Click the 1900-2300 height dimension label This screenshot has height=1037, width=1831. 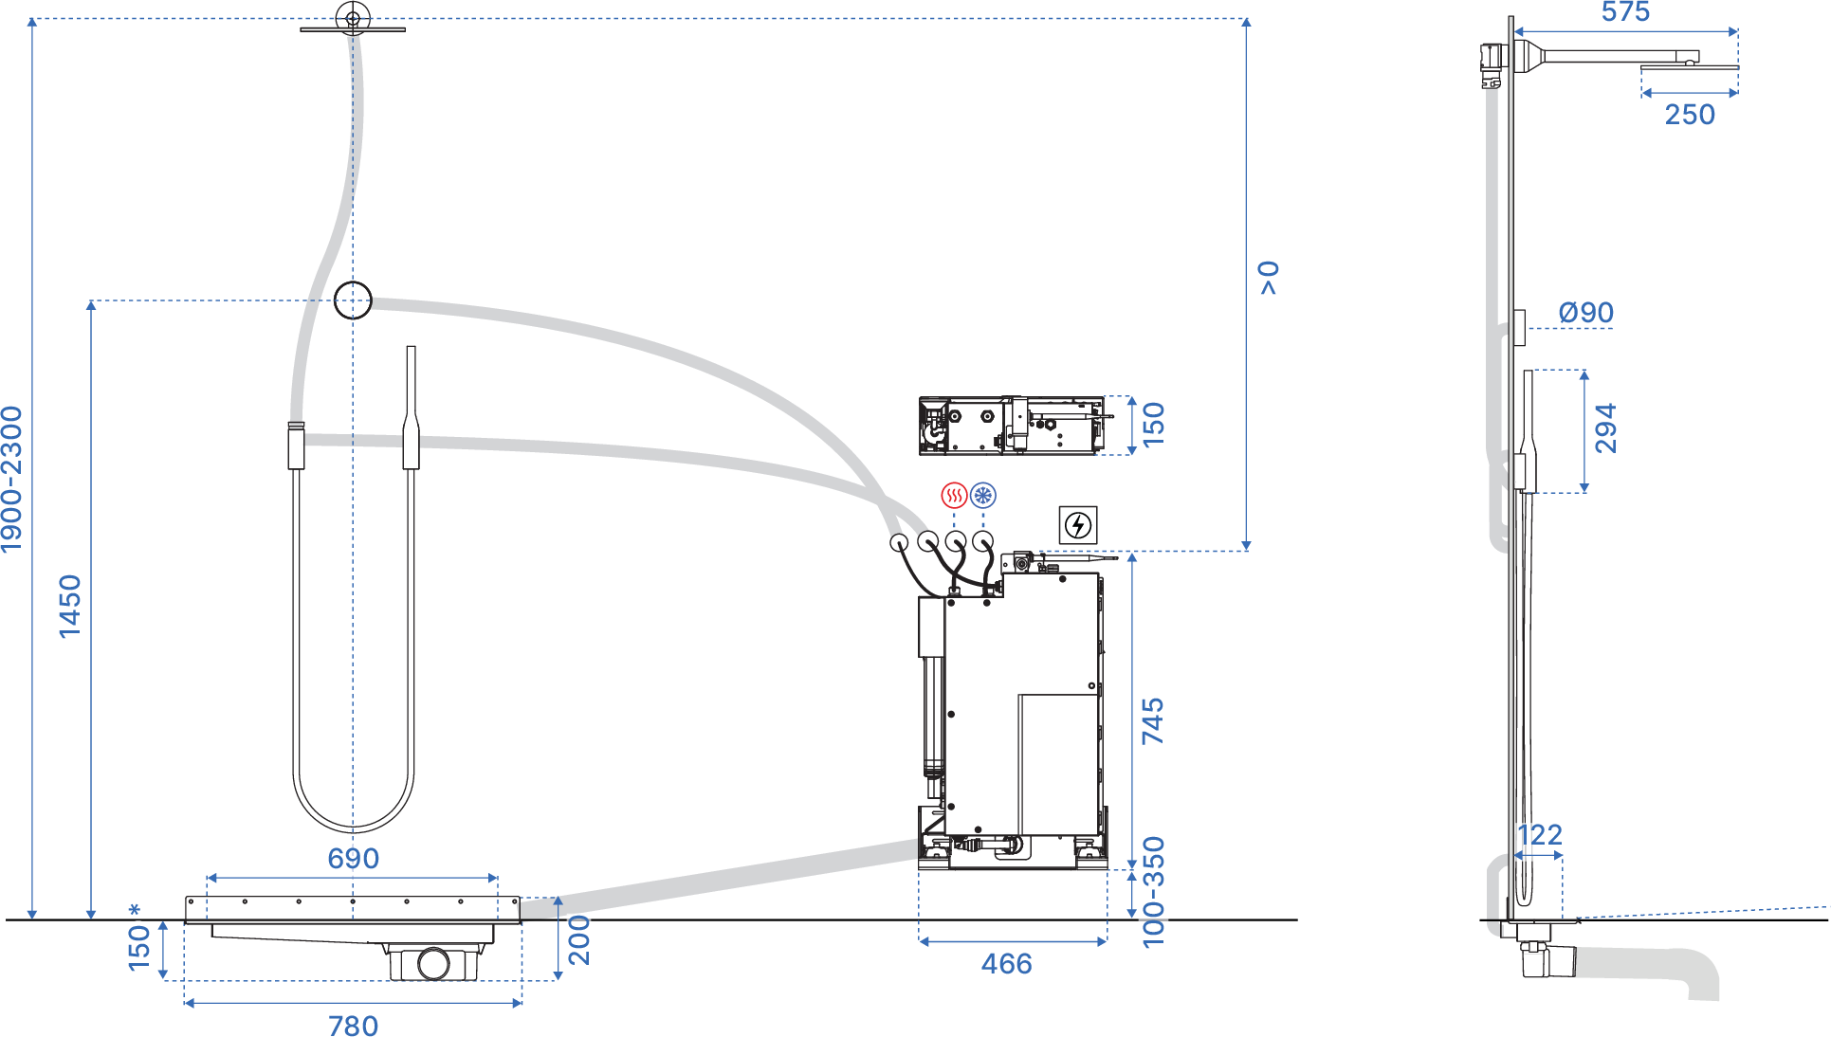pyautogui.click(x=11, y=479)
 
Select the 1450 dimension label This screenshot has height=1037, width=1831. pyautogui.click(x=70, y=607)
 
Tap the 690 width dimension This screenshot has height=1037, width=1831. pyautogui.click(x=353, y=858)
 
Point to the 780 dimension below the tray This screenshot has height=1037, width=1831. pyautogui.click(x=353, y=1026)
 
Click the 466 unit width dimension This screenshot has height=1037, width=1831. pyautogui.click(x=1006, y=964)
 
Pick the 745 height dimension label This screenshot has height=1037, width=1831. pyautogui.click(x=1152, y=721)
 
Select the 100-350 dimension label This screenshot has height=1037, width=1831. pyautogui.click(x=1153, y=891)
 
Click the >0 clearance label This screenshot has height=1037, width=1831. pyautogui.click(x=1269, y=278)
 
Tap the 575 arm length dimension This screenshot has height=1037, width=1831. pyautogui.click(x=1625, y=12)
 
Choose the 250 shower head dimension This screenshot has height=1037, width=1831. pyautogui.click(x=1690, y=115)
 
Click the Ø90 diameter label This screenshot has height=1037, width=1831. pyautogui.click(x=1586, y=312)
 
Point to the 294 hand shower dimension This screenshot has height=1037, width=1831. pyautogui.click(x=1604, y=428)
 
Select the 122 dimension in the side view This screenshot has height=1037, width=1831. pyautogui.click(x=1540, y=834)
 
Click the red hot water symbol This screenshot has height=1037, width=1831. pyautogui.click(x=954, y=495)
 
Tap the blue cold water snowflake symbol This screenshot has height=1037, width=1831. pyautogui.click(x=983, y=495)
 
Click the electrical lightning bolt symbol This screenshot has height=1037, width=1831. pyautogui.click(x=1078, y=525)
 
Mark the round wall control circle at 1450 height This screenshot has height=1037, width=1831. pyautogui.click(x=353, y=300)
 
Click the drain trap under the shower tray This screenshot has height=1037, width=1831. pyautogui.click(x=433, y=962)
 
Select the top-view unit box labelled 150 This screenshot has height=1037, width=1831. pyautogui.click(x=1011, y=426)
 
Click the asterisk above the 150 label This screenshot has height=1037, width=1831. pyautogui.click(x=135, y=911)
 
